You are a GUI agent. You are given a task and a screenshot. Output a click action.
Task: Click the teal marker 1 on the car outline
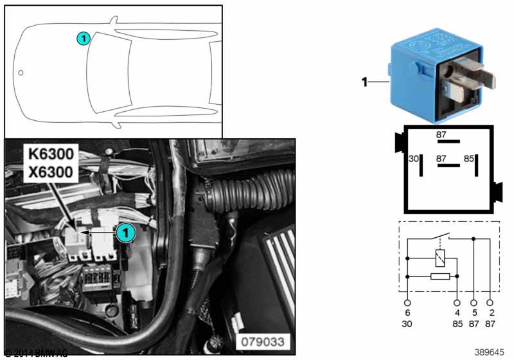pos(83,39)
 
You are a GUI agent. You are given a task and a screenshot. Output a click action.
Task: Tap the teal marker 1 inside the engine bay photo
pos(125,232)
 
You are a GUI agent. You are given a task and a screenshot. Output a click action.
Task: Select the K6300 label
pos(51,154)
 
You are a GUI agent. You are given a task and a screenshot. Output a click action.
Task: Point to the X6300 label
pos(51,172)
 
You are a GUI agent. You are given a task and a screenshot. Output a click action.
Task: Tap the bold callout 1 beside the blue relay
pos(364,82)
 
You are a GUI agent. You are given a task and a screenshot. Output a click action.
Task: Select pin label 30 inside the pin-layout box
pos(414,157)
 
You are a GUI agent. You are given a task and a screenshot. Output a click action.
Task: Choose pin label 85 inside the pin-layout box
pos(469,157)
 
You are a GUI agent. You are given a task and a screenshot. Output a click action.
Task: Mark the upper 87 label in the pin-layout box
pos(441,135)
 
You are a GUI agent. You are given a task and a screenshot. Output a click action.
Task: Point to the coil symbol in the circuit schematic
pos(440,259)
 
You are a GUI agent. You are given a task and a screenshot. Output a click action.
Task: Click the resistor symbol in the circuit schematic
pos(440,276)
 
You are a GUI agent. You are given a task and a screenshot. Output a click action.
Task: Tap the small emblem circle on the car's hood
pos(21,73)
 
